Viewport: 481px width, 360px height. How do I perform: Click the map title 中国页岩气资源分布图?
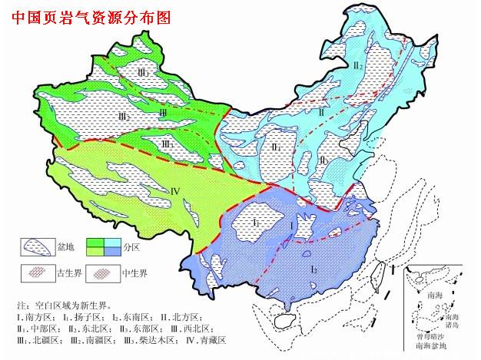[x=91, y=16]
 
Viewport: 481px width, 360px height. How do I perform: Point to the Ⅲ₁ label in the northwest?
[x=143, y=72]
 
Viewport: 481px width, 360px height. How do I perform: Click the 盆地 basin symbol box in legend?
[x=35, y=245]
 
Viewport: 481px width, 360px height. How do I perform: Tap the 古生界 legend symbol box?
[x=35, y=272]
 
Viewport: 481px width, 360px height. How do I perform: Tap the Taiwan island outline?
[x=380, y=274]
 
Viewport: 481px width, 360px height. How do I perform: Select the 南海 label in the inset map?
[x=436, y=292]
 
